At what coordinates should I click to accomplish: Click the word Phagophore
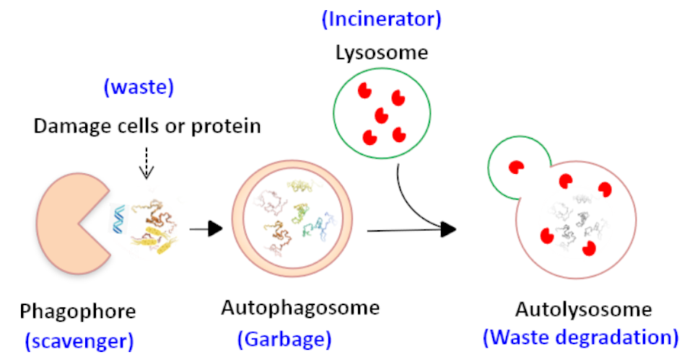(x=78, y=312)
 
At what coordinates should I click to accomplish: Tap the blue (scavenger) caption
(x=79, y=341)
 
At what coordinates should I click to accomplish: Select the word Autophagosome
(x=300, y=308)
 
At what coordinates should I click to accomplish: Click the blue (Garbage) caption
(x=284, y=339)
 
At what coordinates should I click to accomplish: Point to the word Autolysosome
(x=584, y=309)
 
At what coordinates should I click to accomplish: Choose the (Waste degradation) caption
(x=581, y=337)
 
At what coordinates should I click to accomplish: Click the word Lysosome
(x=382, y=53)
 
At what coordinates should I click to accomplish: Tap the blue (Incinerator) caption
(x=382, y=19)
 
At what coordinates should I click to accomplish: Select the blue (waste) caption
(x=139, y=87)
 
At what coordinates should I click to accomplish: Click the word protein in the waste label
(x=226, y=126)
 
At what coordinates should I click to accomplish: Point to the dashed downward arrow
(x=146, y=163)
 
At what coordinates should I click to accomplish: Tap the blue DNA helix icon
(x=118, y=219)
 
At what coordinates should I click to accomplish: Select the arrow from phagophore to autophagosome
(x=206, y=229)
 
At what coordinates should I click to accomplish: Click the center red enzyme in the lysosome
(x=381, y=115)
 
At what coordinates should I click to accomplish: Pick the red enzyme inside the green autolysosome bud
(x=517, y=167)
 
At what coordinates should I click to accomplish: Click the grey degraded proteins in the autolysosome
(x=576, y=220)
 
